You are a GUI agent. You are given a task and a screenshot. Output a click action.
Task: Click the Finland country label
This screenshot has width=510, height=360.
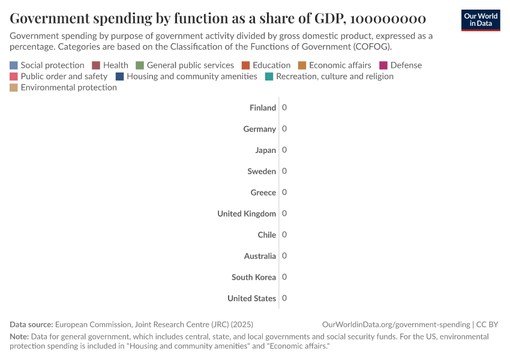(x=263, y=108)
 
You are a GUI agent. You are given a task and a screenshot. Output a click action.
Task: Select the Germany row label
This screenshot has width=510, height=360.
(x=259, y=129)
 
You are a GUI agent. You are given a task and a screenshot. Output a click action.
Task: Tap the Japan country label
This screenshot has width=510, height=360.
(x=266, y=151)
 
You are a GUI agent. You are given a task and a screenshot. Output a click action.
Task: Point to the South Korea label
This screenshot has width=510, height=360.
(x=254, y=277)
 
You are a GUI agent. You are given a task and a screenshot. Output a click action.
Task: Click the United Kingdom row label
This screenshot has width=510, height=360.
(x=247, y=214)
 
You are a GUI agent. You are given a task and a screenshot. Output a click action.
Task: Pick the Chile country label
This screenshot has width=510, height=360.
(x=267, y=235)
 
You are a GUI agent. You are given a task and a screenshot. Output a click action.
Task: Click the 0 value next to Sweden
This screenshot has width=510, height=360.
(x=284, y=171)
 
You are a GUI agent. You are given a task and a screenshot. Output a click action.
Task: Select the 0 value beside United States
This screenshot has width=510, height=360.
(x=284, y=298)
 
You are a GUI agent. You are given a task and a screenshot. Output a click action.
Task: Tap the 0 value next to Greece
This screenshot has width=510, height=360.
(x=284, y=192)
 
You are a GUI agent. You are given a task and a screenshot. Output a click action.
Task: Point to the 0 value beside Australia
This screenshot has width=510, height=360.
(x=284, y=256)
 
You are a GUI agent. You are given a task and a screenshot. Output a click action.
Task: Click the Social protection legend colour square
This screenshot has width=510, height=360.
(x=14, y=65)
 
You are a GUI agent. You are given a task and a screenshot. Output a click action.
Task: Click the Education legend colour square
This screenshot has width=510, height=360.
(x=245, y=65)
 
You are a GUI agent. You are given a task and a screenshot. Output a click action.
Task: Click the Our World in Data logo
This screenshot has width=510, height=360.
(x=480, y=20)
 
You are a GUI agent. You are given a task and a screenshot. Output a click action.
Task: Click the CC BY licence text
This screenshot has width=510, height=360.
(x=487, y=325)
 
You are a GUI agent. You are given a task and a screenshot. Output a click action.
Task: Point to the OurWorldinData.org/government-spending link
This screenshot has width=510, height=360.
(x=396, y=325)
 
